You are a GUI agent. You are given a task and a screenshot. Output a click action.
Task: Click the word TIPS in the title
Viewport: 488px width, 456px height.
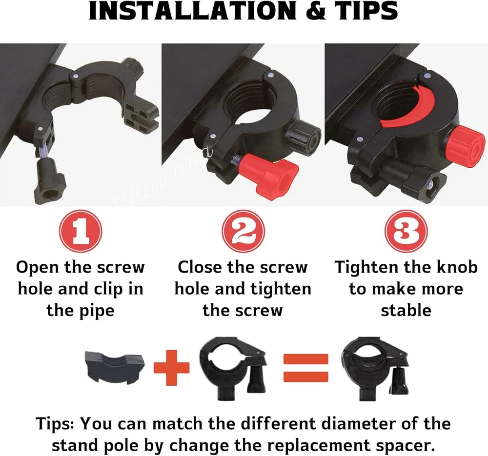click(366, 11)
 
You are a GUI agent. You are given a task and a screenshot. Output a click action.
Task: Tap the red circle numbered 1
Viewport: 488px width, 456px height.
click(81, 231)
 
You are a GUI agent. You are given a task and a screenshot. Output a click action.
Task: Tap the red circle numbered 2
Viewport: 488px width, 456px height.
click(244, 231)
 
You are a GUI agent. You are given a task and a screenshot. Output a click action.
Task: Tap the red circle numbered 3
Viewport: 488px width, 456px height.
click(406, 231)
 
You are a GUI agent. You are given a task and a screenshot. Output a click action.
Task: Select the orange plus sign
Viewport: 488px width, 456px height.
click(171, 368)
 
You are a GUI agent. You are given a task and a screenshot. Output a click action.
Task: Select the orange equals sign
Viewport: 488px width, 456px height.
click(305, 368)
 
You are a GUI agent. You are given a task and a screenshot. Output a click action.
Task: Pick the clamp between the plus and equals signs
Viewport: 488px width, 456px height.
click(233, 369)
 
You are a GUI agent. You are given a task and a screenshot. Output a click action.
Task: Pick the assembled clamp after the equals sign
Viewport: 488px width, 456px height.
click(375, 369)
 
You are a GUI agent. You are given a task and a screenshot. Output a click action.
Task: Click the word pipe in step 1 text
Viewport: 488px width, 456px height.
click(97, 311)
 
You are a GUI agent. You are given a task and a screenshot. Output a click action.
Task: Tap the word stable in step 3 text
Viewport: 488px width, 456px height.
click(406, 311)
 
